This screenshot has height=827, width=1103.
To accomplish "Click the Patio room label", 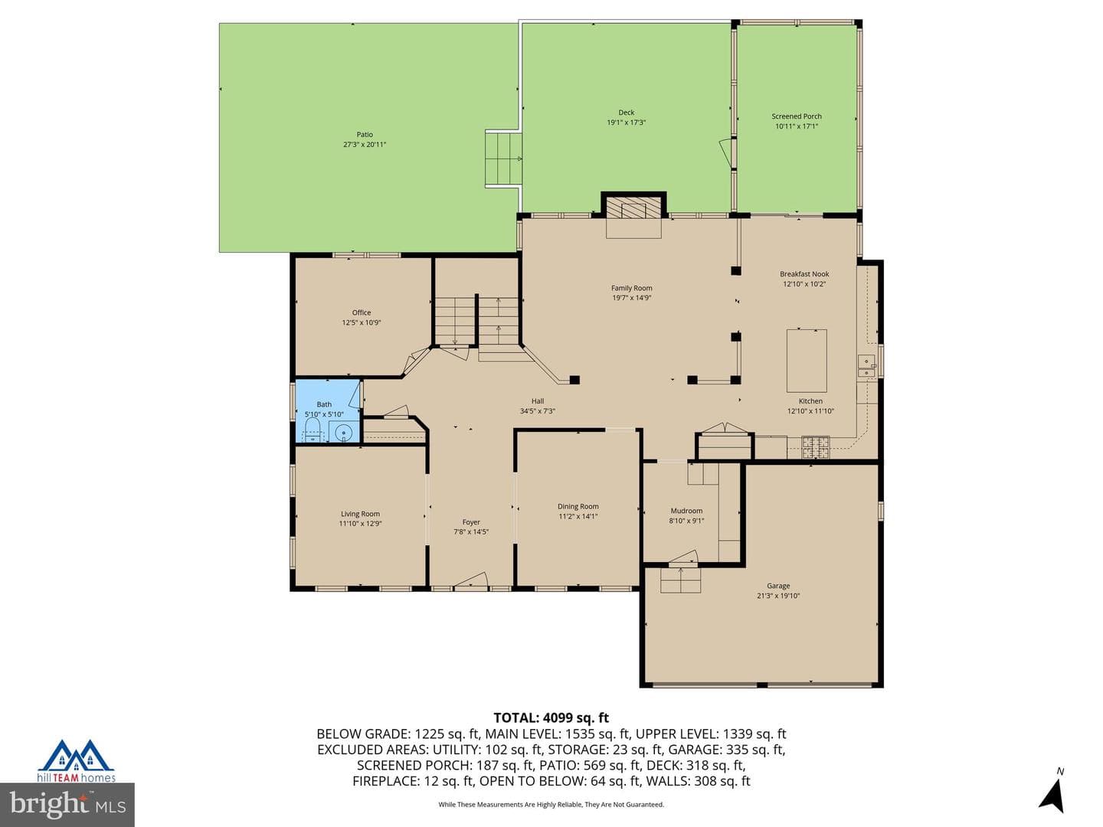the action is pyautogui.click(x=365, y=135).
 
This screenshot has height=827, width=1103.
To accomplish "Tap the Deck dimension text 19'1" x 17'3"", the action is pyautogui.click(x=626, y=123).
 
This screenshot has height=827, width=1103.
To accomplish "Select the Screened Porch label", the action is pyautogui.click(x=797, y=116).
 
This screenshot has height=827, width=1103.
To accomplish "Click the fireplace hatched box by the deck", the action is pyautogui.click(x=633, y=208).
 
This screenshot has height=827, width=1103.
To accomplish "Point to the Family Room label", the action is pyautogui.click(x=632, y=288).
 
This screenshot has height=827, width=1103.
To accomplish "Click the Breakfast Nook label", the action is pyautogui.click(x=804, y=274).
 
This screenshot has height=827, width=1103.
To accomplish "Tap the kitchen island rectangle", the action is pyautogui.click(x=807, y=361).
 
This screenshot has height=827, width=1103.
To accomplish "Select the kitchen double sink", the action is pyautogui.click(x=866, y=365).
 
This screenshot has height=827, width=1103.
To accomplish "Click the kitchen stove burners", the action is pyautogui.click(x=815, y=447).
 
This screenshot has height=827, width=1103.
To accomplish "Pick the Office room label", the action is pyautogui.click(x=362, y=313).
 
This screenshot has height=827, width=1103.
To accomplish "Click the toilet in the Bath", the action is pyautogui.click(x=313, y=432).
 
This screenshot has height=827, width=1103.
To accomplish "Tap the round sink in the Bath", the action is pyautogui.click(x=344, y=432).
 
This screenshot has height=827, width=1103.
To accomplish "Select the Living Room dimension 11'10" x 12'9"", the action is pyautogui.click(x=360, y=524).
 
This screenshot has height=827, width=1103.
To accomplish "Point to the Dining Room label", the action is pyautogui.click(x=578, y=507).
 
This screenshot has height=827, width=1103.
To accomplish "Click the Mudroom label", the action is pyautogui.click(x=686, y=512).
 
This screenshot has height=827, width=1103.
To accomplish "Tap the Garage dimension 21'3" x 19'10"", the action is pyautogui.click(x=778, y=596).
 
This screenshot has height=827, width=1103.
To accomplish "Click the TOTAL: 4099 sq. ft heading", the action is pyautogui.click(x=551, y=718).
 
